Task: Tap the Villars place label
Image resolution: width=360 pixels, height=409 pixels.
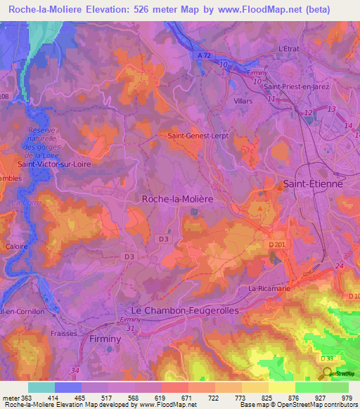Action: (x=243, y=101)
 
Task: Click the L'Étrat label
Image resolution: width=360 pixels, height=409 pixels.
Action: (x=289, y=48)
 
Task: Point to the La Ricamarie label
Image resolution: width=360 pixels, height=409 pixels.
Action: (x=268, y=288)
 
